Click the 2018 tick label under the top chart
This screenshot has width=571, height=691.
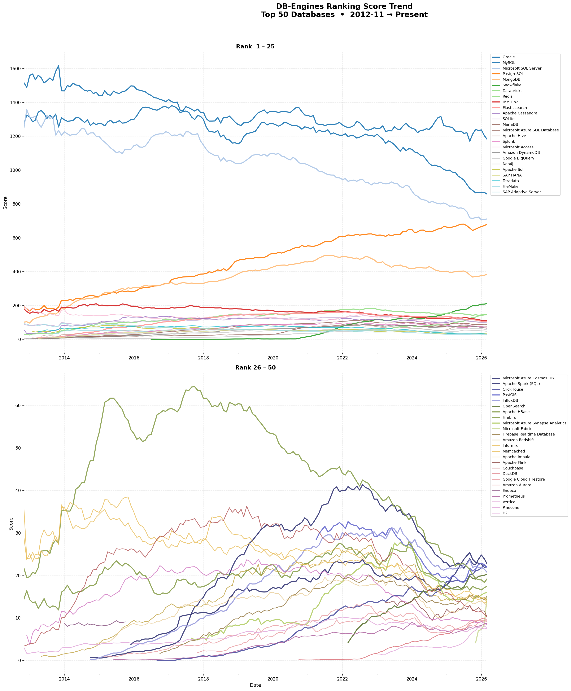(x=203, y=358)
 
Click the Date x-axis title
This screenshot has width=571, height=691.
(x=255, y=685)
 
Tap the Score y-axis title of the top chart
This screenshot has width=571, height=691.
(x=5, y=203)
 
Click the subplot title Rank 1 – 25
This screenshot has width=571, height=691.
(x=255, y=47)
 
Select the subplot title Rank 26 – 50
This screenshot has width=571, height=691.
(x=255, y=368)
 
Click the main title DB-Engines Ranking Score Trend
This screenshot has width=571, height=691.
(x=344, y=6)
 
